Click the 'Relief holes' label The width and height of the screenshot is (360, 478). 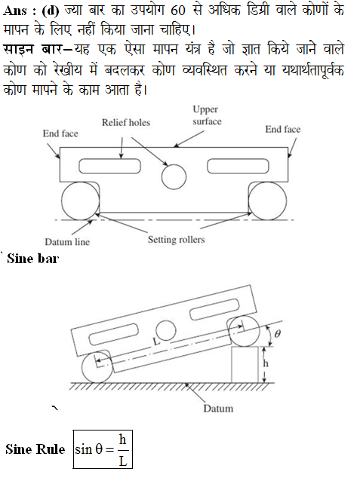tap(126, 123)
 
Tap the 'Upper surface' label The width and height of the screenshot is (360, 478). tap(207, 115)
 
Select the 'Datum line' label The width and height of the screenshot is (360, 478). tap(67, 242)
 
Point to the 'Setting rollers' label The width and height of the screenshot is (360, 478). tap(176, 239)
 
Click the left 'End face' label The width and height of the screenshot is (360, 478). tap(60, 133)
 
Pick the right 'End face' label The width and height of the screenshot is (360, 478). tap(283, 129)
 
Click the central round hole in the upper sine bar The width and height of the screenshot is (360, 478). tap(174, 177)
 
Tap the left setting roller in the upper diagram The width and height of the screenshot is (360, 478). tap(81, 201)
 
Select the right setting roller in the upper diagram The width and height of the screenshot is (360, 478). tap(268, 201)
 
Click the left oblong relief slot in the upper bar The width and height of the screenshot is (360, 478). tap(110, 166)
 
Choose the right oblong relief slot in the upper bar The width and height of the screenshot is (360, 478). tap(238, 166)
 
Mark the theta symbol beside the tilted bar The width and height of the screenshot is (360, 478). tap(277, 334)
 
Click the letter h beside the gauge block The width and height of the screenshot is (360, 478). tap(266, 363)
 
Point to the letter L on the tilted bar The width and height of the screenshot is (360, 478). tap(156, 341)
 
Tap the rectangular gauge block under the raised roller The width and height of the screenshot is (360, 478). tap(245, 365)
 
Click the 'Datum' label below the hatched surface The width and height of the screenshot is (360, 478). tap(218, 409)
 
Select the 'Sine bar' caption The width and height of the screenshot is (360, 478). tap(32, 259)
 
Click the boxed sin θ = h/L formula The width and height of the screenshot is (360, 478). tap(103, 449)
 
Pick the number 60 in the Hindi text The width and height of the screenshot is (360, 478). tap(178, 11)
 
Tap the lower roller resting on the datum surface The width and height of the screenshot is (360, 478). tap(97, 367)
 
